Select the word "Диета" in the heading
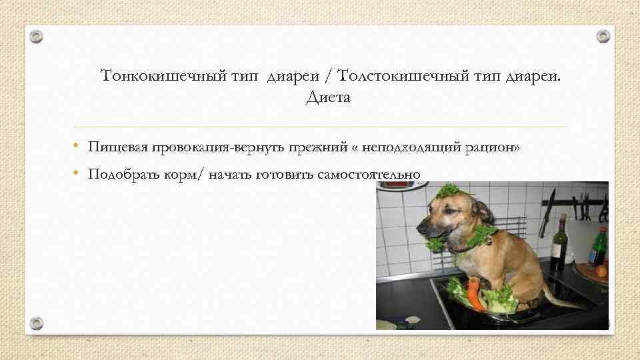[327, 98]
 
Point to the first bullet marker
[77, 146]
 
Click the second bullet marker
[77, 174]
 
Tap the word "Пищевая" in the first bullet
[118, 146]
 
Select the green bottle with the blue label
[598, 247]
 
